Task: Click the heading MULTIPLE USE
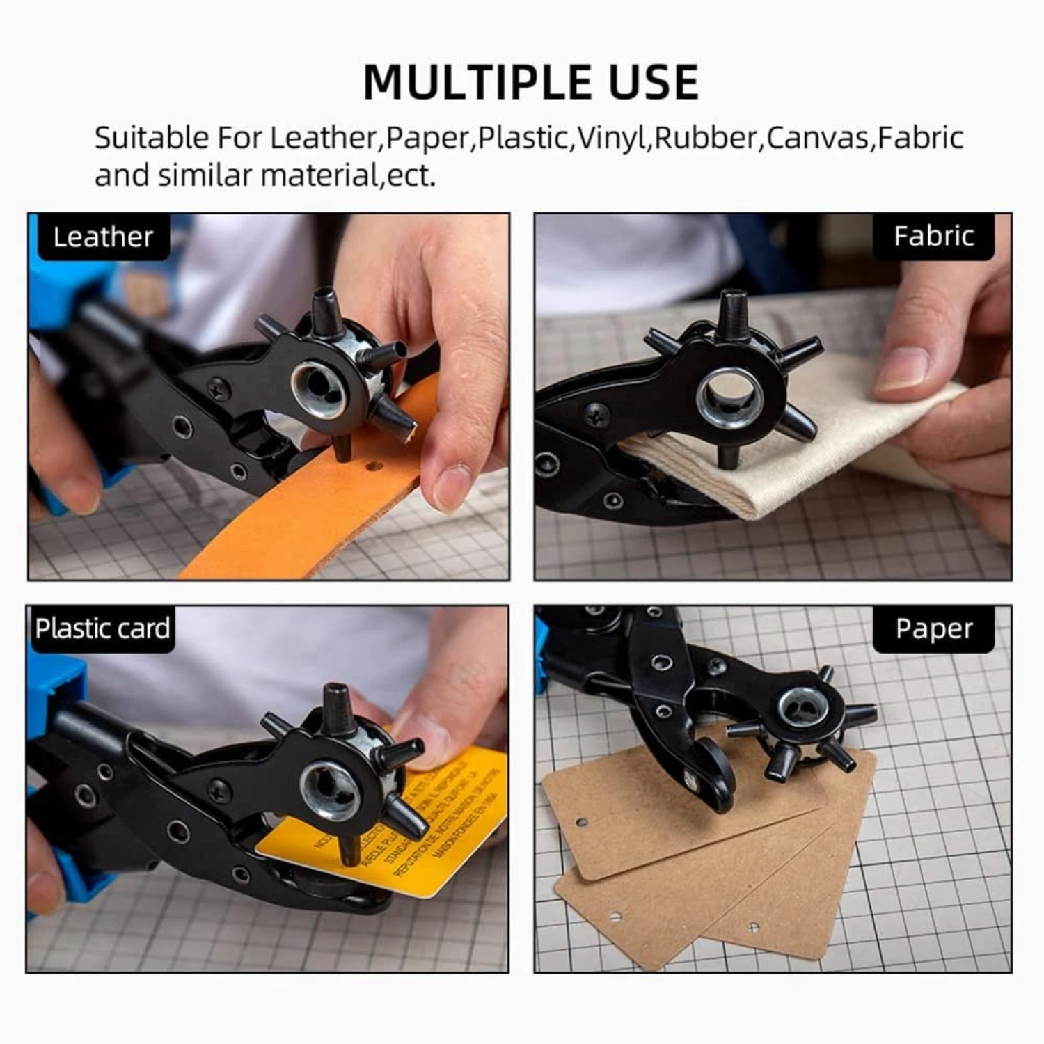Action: (x=530, y=82)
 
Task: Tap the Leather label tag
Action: (x=103, y=237)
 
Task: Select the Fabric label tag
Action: (x=933, y=236)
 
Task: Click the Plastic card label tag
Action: (x=102, y=628)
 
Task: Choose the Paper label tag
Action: (x=933, y=628)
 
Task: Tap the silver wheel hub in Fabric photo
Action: (x=729, y=397)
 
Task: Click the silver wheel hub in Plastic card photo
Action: (x=329, y=789)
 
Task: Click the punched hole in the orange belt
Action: (x=374, y=466)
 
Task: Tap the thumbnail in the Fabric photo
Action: (x=901, y=369)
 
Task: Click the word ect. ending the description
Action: (x=411, y=175)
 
